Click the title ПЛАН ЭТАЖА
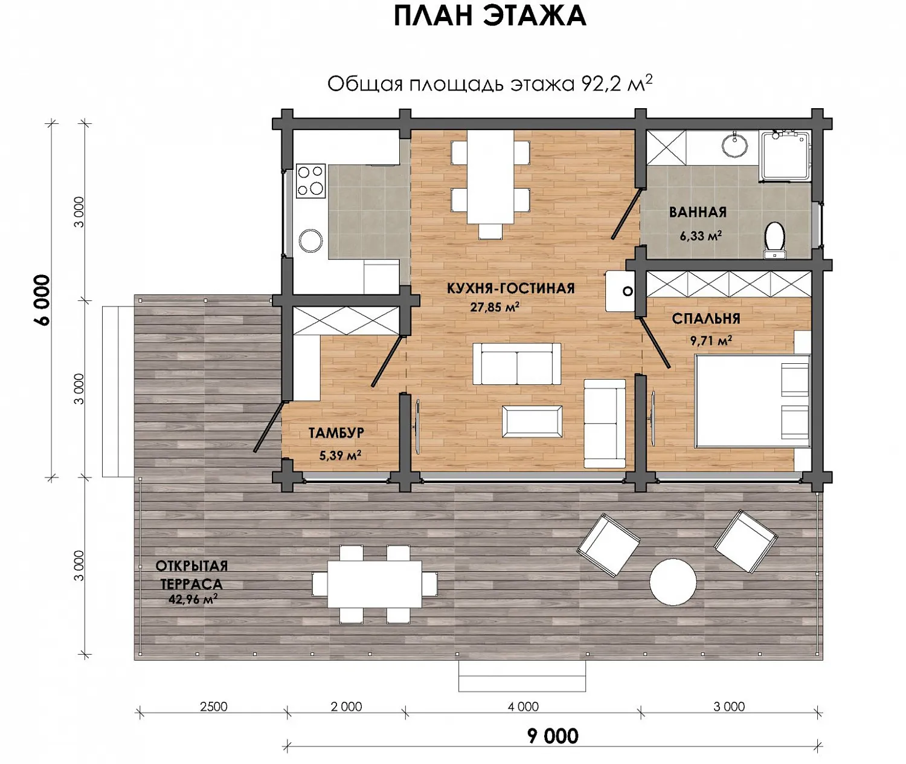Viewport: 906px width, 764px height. tap(490, 16)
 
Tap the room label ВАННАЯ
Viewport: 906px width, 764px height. tap(698, 212)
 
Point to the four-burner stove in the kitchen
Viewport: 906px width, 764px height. tap(310, 181)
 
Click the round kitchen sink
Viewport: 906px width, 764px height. tap(311, 241)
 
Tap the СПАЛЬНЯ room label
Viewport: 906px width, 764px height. tap(706, 319)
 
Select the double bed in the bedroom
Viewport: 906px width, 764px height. tap(752, 401)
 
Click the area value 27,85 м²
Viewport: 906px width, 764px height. tap(495, 307)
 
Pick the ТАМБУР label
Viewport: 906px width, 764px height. tap(336, 433)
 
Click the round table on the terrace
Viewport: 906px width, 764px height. tap(673, 581)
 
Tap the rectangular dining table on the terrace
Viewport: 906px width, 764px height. tap(374, 584)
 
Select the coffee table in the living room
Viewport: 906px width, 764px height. tap(532, 421)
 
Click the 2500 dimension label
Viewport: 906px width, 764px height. tap(213, 707)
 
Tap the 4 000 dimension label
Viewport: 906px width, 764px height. tap(523, 707)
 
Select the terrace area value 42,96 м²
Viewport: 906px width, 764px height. tap(193, 600)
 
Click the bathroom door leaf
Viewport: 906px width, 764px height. tap(626, 213)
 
